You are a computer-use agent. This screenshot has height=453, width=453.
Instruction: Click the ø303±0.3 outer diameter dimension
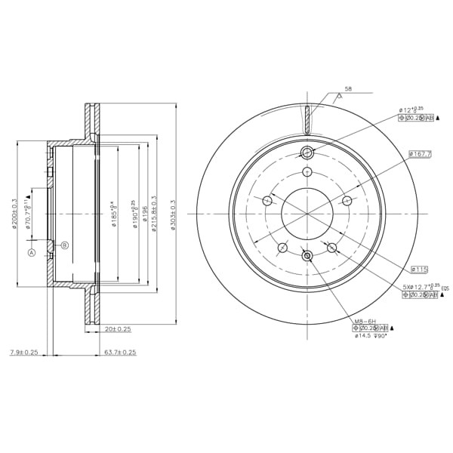tap(173, 215)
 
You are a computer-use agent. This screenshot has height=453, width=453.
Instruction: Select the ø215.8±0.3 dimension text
tap(154, 215)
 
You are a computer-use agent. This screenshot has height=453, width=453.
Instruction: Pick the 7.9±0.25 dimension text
tap(24, 352)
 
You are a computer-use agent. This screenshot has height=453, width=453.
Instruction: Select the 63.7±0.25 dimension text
tap(120, 352)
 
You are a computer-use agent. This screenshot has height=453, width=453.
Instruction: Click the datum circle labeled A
tap(32, 253)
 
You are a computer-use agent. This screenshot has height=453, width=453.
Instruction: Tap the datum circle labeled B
tap(64, 245)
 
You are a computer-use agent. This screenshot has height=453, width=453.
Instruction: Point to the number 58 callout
tap(347, 89)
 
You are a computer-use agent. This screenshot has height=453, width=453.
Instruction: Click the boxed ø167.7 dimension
tap(421, 154)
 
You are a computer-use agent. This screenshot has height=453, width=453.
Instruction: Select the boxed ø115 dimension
tap(419, 270)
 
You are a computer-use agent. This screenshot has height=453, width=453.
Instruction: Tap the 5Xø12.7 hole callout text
tap(419, 287)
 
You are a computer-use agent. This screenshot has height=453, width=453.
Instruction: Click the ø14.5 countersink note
tap(371, 336)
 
